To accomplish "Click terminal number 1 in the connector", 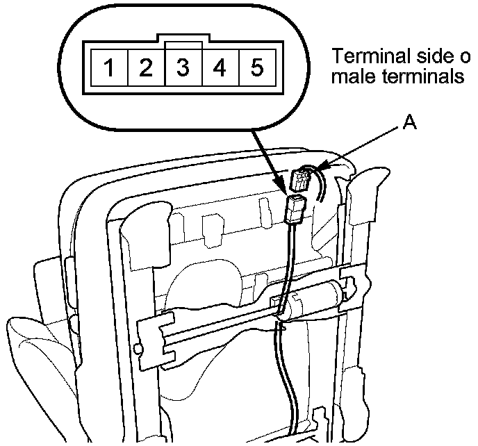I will [110, 68].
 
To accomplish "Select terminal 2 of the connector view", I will [146, 68].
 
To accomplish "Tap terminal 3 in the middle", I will [183, 68].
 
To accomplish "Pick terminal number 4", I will [220, 68].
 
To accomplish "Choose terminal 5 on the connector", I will [257, 68].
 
